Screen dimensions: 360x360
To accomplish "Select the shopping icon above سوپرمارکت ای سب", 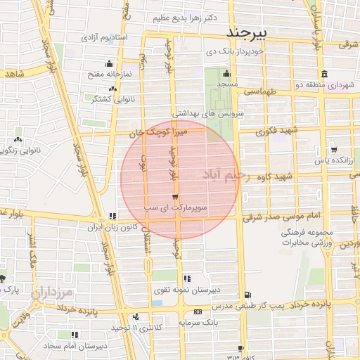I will [174, 197].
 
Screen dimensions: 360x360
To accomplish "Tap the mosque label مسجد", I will [226, 84].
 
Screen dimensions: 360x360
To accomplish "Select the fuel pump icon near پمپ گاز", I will [247, 295].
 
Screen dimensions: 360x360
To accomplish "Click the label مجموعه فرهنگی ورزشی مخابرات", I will [307, 238].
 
